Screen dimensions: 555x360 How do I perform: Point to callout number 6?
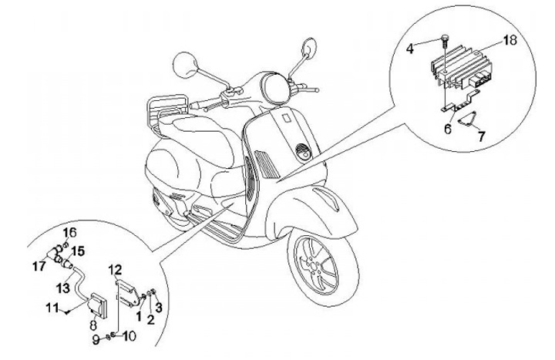click(448, 130)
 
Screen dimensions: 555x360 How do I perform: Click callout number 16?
click(69, 232)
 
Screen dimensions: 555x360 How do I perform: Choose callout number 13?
click(64, 287)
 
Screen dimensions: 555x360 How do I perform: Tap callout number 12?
click(114, 269)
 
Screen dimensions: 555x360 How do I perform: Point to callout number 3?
click(160, 308)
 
